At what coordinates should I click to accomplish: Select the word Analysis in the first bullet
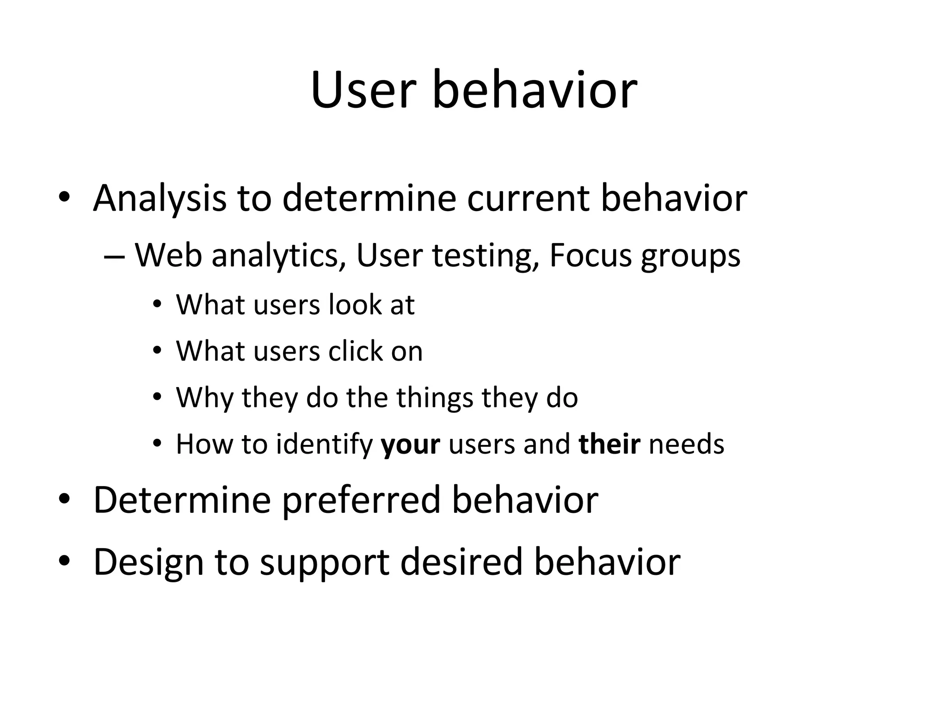[160, 199]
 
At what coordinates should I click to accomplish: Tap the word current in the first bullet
[528, 199]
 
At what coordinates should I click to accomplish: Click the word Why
[204, 398]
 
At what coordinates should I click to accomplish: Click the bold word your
[410, 445]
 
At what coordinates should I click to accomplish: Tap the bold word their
[609, 444]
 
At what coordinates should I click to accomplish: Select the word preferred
[361, 501]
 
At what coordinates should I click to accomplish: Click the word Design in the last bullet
[148, 562]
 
